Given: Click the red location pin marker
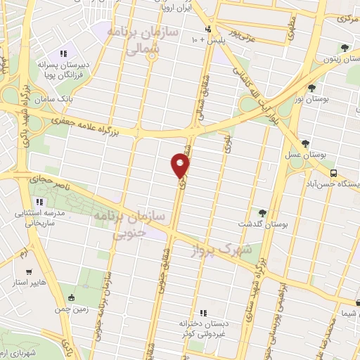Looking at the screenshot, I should pyautogui.click(x=181, y=166).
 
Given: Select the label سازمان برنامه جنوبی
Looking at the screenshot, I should pyautogui.click(x=138, y=221).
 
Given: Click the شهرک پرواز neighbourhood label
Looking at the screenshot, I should pyautogui.click(x=229, y=250).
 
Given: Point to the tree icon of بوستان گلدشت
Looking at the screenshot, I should pyautogui.click(x=262, y=212).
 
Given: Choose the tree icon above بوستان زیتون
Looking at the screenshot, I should pyautogui.click(x=344, y=48).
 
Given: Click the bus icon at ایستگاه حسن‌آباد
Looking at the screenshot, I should pyautogui.click(x=334, y=173).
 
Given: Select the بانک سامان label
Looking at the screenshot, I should pyautogui.click(x=77, y=101).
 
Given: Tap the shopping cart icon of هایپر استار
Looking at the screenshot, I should pyautogui.click(x=28, y=272).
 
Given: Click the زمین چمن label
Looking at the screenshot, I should pyautogui.click(x=69, y=308).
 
